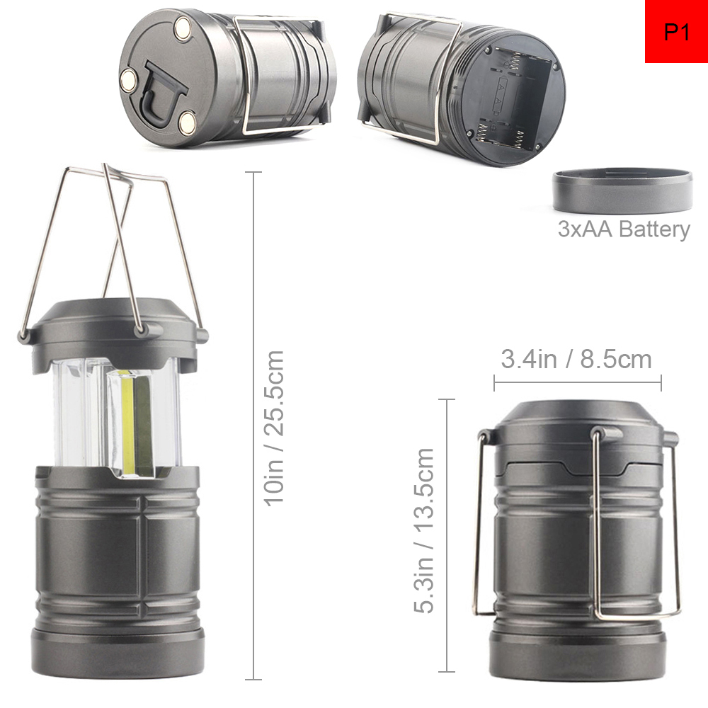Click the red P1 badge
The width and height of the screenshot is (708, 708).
coord(676,31)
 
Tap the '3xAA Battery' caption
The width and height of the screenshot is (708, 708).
coord(624,229)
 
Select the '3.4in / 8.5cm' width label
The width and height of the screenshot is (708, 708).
coord(576,360)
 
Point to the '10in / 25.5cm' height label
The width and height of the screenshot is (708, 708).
coord(273,428)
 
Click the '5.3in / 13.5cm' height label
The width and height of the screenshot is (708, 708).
coord(424,530)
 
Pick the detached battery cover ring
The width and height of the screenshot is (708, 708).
coord(622,190)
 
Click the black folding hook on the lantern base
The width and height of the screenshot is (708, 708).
coord(161,94)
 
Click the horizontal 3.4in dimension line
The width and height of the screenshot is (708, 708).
coord(578,383)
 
